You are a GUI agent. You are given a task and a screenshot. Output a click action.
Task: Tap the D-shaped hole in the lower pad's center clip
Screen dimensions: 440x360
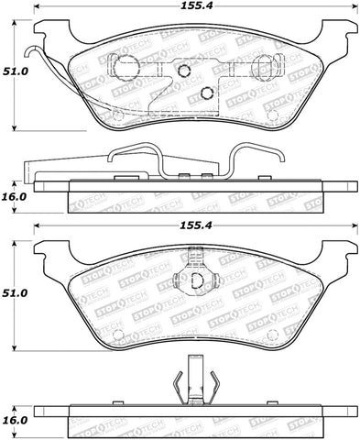[195, 282]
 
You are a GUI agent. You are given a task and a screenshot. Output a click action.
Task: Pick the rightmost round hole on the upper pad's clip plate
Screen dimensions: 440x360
[260, 67]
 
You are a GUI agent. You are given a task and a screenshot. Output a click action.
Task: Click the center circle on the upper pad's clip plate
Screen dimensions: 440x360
[183, 71]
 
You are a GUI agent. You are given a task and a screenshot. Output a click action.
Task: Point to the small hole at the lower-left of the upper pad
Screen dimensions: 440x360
[115, 115]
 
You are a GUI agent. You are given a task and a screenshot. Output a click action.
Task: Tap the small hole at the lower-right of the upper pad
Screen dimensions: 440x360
[270, 115]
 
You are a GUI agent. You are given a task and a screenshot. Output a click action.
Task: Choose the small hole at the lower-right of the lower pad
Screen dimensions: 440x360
[271, 337]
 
